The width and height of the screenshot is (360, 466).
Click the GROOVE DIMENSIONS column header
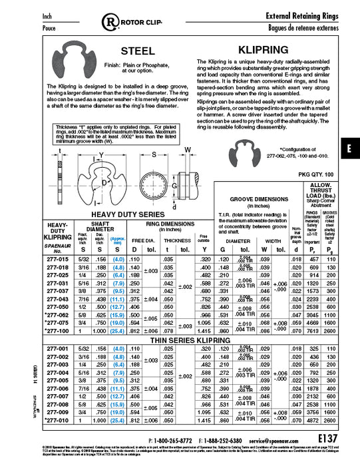pos(258,199)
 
